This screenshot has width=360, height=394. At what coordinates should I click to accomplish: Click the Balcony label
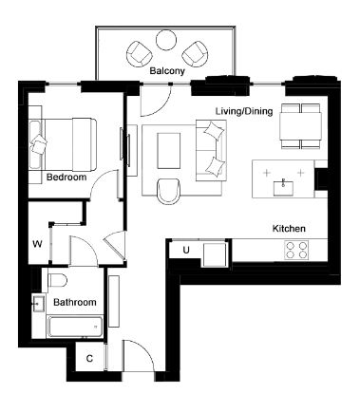pos(167,71)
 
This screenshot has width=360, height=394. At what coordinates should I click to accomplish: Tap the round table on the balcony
pos(165,40)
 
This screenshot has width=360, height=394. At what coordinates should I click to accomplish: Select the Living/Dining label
pos(244,111)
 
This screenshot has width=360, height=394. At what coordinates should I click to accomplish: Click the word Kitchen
pos(289,229)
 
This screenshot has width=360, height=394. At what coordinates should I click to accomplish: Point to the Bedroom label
pos(66,177)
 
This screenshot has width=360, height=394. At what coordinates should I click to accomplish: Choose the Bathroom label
pos(75,302)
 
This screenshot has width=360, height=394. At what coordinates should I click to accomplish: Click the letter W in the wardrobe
pos(37,244)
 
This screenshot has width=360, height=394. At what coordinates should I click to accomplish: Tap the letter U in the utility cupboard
pos(186,250)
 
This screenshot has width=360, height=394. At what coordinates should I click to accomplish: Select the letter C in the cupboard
pos(89,359)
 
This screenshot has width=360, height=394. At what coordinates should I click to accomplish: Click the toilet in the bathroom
pos(57,280)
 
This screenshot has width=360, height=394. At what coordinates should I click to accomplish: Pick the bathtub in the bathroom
pos(75,327)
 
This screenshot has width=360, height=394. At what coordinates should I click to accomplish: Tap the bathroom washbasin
pos(38,303)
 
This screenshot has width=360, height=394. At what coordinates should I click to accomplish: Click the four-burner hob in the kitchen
pos(296,250)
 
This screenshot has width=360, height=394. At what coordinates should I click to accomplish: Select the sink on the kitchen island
pos(283,187)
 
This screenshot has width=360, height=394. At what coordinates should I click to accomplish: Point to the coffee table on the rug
pos(169,151)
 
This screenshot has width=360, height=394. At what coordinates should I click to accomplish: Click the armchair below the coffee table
pos(168,191)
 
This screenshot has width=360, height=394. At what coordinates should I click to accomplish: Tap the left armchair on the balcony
pos(139,54)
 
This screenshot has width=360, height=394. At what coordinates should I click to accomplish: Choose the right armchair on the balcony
pos(195,54)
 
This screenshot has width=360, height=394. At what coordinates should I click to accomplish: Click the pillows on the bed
pos(39,144)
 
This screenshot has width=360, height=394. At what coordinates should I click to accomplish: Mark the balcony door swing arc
pos(163,106)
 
